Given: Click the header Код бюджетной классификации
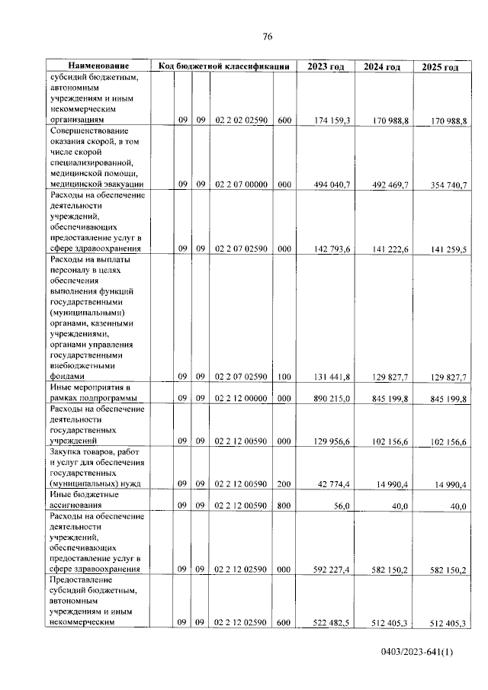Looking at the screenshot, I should pyautogui.click(x=223, y=66).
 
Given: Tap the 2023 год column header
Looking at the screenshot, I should pyautogui.click(x=326, y=67).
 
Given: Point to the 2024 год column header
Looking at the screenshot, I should pyautogui.click(x=382, y=67).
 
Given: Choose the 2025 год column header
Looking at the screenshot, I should pyautogui.click(x=440, y=67).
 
